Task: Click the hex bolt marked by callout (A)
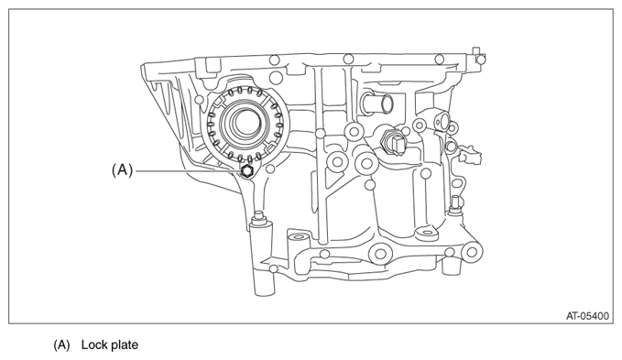(x=246, y=171)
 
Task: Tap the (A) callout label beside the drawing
(x=122, y=170)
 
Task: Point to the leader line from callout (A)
(x=188, y=171)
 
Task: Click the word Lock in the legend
(x=93, y=345)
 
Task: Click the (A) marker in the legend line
(x=61, y=345)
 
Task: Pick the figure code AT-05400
(x=587, y=316)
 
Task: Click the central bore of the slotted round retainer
(x=245, y=122)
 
